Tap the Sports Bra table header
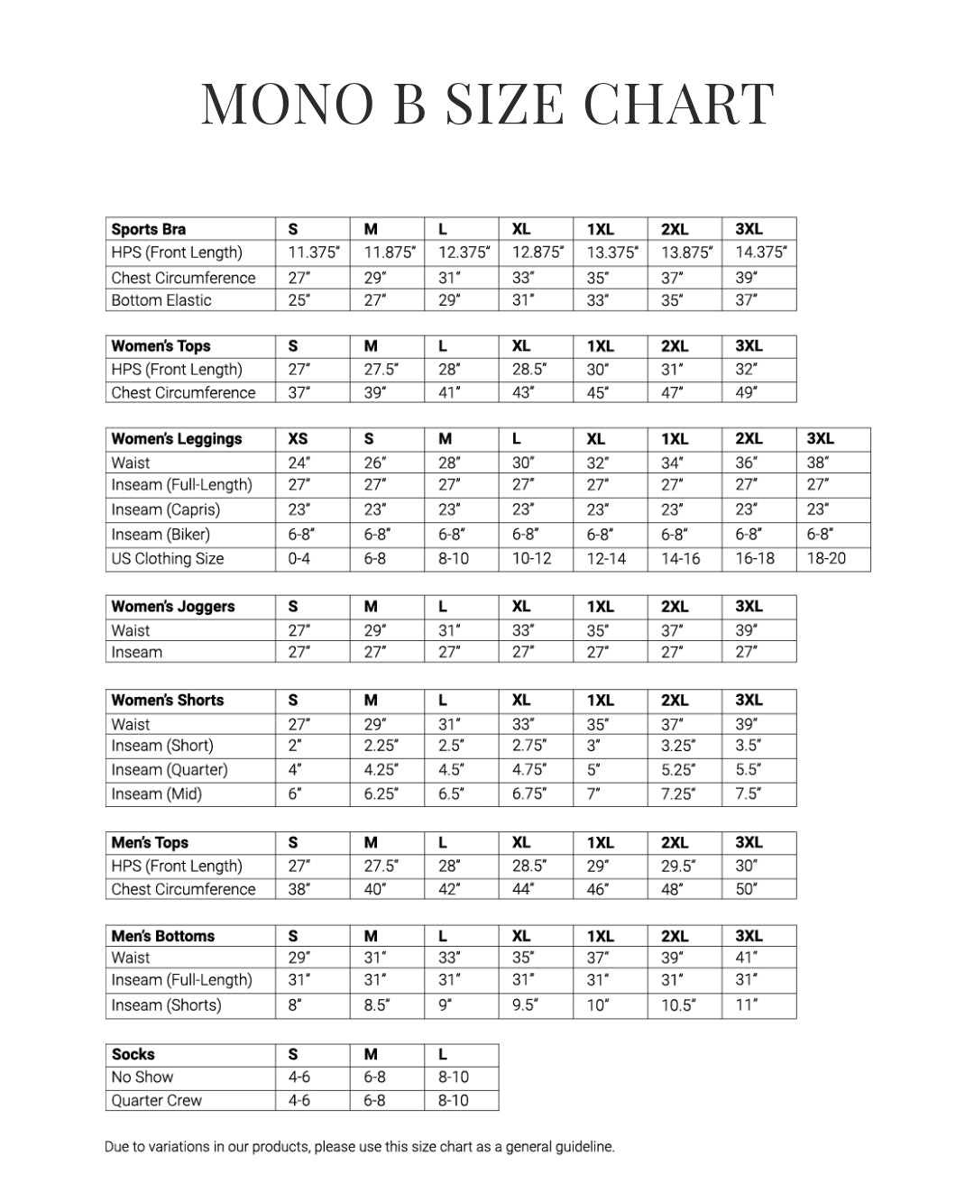click(148, 229)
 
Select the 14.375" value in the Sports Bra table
click(760, 252)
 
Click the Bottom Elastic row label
click(161, 300)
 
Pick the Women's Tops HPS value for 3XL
click(746, 369)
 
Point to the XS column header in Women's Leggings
click(298, 439)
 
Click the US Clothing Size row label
click(168, 558)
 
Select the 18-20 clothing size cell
click(826, 558)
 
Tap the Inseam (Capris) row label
click(166, 509)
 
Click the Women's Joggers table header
click(173, 607)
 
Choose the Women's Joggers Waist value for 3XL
click(746, 630)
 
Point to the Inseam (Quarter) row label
click(170, 770)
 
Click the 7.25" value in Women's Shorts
click(678, 794)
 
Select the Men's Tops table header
click(150, 842)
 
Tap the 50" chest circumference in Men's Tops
click(746, 889)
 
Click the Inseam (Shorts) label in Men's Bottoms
click(167, 1005)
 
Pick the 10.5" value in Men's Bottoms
click(678, 1005)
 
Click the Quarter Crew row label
click(157, 1100)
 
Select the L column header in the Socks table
click(443, 1054)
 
